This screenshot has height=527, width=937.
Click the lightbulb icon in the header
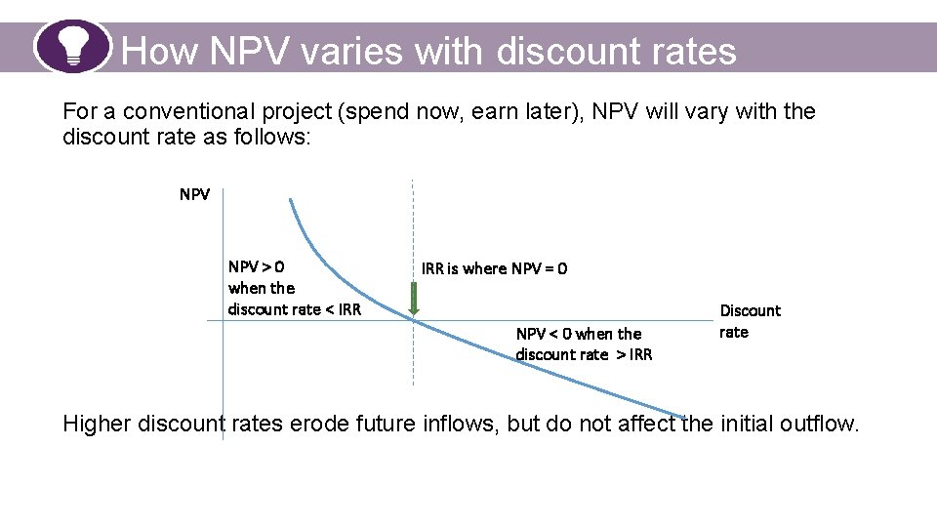[73, 46]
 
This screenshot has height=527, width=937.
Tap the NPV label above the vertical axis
[194, 194]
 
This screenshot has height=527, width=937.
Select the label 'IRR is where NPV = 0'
[494, 268]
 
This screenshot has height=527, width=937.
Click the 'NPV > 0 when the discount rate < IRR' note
[294, 288]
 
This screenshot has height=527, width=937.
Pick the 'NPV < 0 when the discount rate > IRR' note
[584, 344]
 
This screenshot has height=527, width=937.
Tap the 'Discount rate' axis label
[750, 321]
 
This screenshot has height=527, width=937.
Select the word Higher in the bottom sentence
[97, 424]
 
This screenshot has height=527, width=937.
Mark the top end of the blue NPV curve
[289, 200]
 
